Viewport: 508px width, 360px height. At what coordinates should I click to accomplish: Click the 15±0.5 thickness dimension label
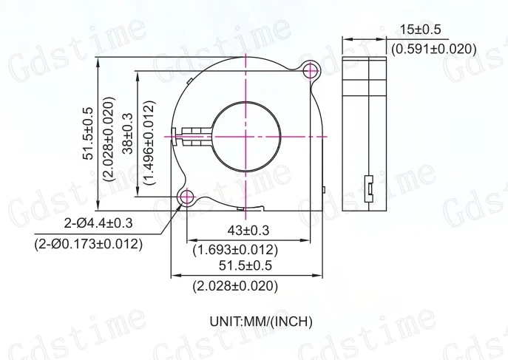[x=420, y=30]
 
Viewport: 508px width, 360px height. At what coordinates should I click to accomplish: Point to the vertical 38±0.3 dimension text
[x=126, y=133]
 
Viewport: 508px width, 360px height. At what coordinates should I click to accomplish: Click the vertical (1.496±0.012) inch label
[x=148, y=133]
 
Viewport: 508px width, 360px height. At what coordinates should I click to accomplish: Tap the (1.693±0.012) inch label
[x=235, y=250]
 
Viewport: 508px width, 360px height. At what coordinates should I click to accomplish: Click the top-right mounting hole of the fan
[x=311, y=70]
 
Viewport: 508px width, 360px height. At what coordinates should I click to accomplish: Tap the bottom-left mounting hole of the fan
[x=185, y=197]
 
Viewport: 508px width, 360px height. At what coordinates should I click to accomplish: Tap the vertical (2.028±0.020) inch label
[x=109, y=133]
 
